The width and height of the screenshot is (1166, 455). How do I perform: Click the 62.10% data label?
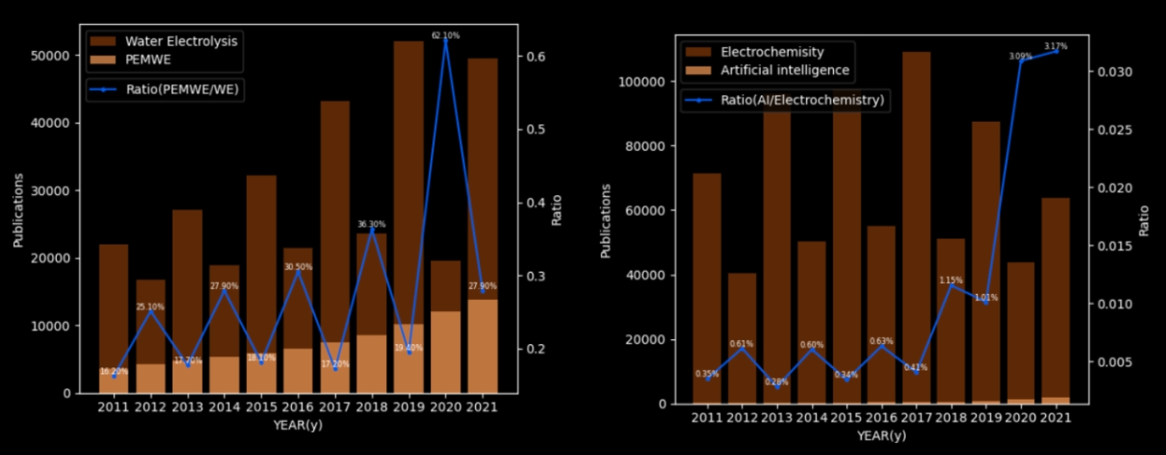[x=444, y=35]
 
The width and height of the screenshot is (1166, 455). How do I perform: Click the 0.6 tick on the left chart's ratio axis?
[x=537, y=56]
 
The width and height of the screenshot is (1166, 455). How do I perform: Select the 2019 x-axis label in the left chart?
[x=407, y=407]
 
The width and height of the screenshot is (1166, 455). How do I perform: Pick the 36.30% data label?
[x=371, y=225]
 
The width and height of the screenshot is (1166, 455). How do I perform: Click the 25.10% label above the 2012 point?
[x=150, y=307]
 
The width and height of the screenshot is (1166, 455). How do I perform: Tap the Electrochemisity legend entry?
[x=772, y=52]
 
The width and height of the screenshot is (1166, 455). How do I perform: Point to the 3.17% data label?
[x=1055, y=46]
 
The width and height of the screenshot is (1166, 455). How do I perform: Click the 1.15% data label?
[x=951, y=279]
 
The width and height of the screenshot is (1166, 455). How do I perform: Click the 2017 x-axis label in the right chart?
[x=916, y=418]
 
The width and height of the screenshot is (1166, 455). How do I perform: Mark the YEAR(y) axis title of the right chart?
[x=881, y=435]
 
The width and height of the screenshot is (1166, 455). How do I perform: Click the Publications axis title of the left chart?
[x=18, y=210]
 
